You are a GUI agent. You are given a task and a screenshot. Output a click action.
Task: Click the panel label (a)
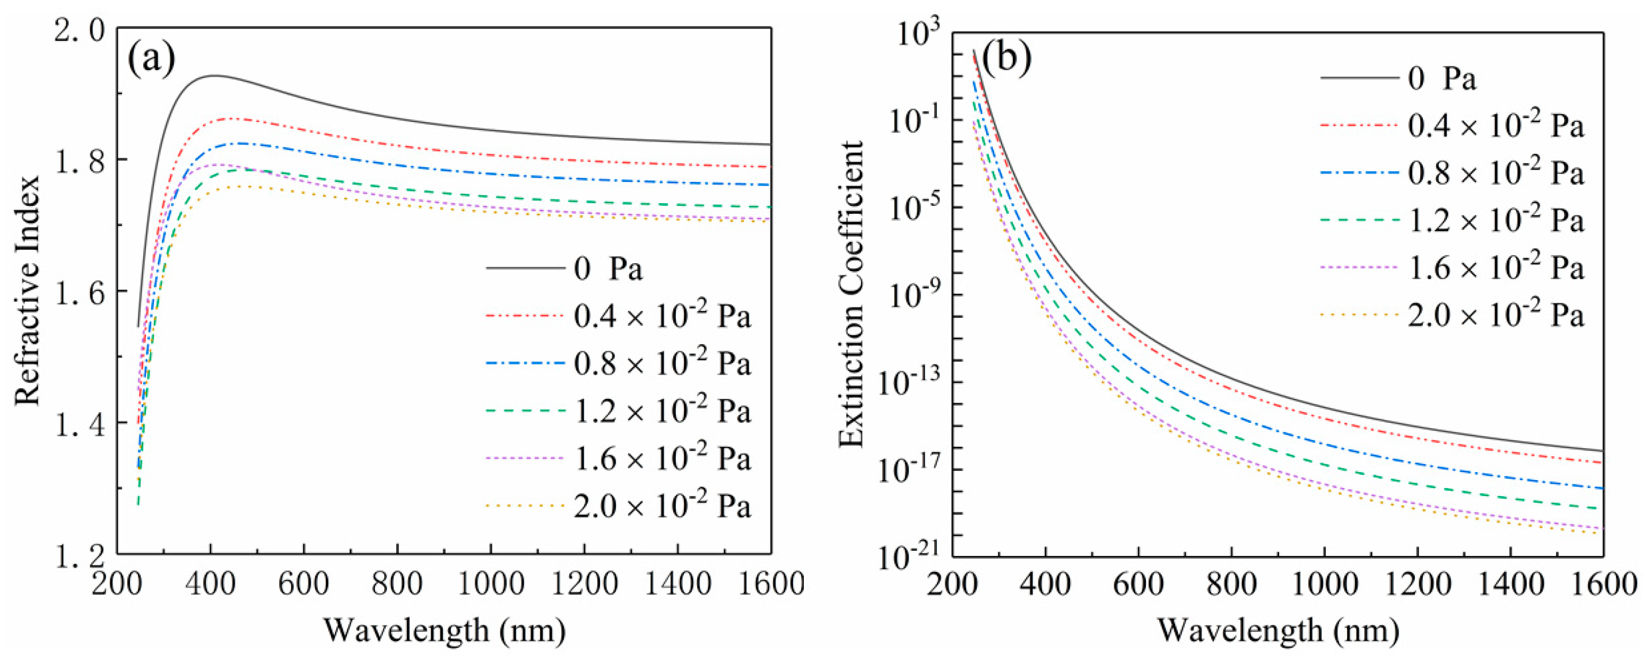tap(151, 59)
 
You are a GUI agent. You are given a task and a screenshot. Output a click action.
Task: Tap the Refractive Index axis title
tap(28, 290)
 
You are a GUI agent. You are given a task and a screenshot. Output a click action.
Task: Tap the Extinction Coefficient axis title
tap(853, 294)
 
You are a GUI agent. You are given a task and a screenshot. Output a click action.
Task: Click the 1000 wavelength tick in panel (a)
tap(491, 584)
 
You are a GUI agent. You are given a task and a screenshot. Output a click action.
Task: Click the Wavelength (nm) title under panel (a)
tap(445, 630)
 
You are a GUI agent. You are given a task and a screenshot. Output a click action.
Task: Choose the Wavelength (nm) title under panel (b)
tap(1278, 630)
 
